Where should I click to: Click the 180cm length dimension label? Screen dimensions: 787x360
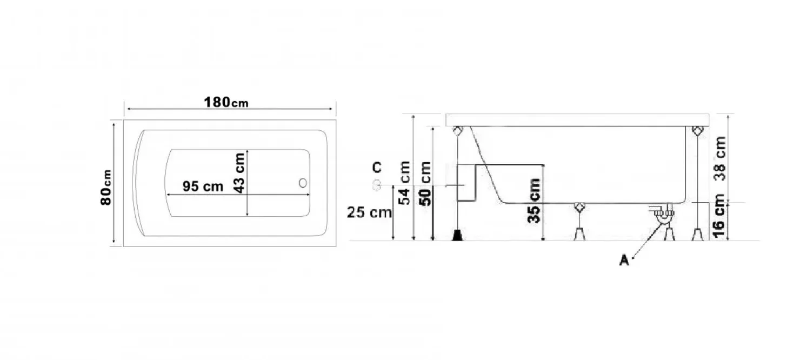[x=226, y=102]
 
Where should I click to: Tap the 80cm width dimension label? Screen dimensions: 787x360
[x=106, y=187]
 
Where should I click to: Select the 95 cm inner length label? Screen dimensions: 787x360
[x=203, y=186]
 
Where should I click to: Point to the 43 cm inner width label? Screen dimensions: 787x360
[x=239, y=173]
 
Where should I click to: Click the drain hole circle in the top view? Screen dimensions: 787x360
[x=303, y=183]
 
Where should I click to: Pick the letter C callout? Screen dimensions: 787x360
[x=377, y=168]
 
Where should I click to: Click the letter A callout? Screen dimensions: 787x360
[x=624, y=260]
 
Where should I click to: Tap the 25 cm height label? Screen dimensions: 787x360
[x=369, y=212]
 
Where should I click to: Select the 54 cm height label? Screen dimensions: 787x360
[x=404, y=183]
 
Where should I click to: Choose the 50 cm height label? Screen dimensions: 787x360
[x=425, y=183]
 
